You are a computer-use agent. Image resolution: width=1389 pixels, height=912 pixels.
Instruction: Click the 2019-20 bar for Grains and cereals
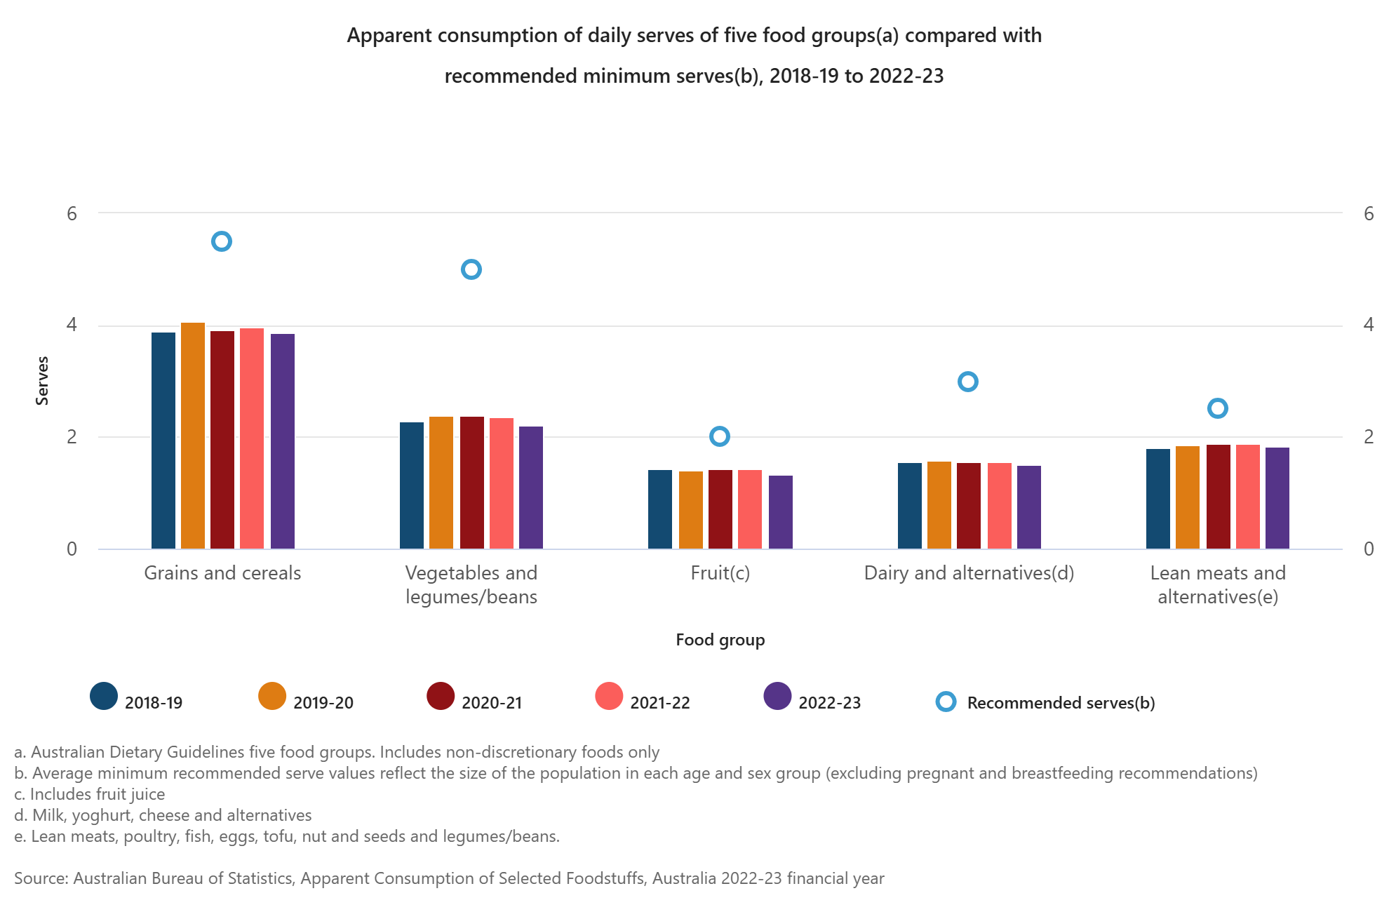pos(193,435)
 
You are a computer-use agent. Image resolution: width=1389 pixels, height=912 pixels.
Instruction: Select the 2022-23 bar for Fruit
pos(781,512)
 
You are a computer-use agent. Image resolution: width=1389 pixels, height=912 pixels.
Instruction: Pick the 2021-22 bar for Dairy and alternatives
pos(1000,506)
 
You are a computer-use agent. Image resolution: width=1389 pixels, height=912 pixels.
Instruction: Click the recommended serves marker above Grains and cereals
pos(222,241)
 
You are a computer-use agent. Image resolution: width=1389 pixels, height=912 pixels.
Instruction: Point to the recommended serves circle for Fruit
pos(720,436)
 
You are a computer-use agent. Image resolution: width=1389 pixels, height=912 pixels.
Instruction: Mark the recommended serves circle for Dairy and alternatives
pos(968,382)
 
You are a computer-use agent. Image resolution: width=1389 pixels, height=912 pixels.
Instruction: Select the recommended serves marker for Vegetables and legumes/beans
pos(471,269)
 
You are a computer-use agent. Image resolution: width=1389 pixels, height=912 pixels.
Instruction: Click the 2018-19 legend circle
pos(104,697)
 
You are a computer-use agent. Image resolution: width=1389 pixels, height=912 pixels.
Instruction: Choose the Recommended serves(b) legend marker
pos(946,702)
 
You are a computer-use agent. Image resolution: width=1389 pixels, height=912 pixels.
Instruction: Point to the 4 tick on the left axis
pos(72,325)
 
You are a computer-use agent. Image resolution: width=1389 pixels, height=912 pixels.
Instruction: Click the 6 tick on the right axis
pos(1368,214)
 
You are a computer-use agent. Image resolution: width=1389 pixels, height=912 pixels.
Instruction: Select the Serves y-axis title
pos(42,381)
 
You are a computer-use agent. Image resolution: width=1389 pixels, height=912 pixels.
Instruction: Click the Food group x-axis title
pos(720,640)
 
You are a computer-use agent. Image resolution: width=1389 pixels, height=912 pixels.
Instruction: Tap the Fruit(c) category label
pos(720,573)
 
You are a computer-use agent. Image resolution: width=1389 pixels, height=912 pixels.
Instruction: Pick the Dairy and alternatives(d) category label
pos(969,573)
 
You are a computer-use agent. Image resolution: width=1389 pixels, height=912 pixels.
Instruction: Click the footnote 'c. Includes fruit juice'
pos(90,794)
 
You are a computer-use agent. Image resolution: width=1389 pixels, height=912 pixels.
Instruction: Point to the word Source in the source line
pos(39,878)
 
